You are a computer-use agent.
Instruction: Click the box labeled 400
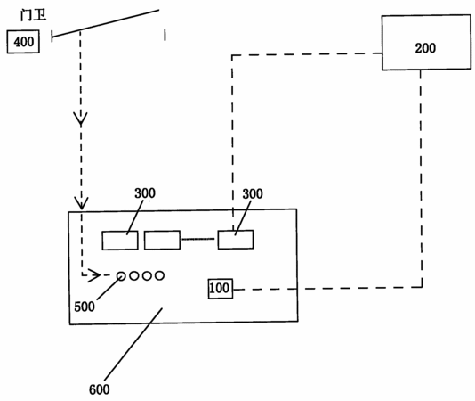click(23, 42)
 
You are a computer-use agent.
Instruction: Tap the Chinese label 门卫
click(33, 15)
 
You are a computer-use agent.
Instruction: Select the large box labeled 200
click(426, 43)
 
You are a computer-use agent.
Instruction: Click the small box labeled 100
click(221, 289)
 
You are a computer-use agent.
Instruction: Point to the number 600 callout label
click(100, 389)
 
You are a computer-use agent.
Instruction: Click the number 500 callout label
click(85, 307)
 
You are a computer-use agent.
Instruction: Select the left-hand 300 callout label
click(145, 193)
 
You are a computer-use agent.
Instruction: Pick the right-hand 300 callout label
click(253, 193)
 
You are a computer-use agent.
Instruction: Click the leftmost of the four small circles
click(121, 276)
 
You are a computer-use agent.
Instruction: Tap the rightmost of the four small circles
click(159, 275)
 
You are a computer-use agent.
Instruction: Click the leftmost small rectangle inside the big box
click(120, 241)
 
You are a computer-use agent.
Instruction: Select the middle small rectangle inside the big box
click(163, 240)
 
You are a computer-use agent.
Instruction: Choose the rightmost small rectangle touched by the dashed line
click(236, 240)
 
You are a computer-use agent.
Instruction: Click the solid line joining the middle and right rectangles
click(199, 239)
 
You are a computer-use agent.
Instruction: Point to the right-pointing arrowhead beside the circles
click(94, 275)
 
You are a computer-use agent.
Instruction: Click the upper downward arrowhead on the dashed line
click(81, 119)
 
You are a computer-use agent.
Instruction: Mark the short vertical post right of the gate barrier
click(165, 35)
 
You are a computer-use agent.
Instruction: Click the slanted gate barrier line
click(106, 23)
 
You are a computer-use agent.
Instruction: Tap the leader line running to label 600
click(133, 344)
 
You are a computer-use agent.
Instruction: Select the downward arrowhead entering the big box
click(81, 203)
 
